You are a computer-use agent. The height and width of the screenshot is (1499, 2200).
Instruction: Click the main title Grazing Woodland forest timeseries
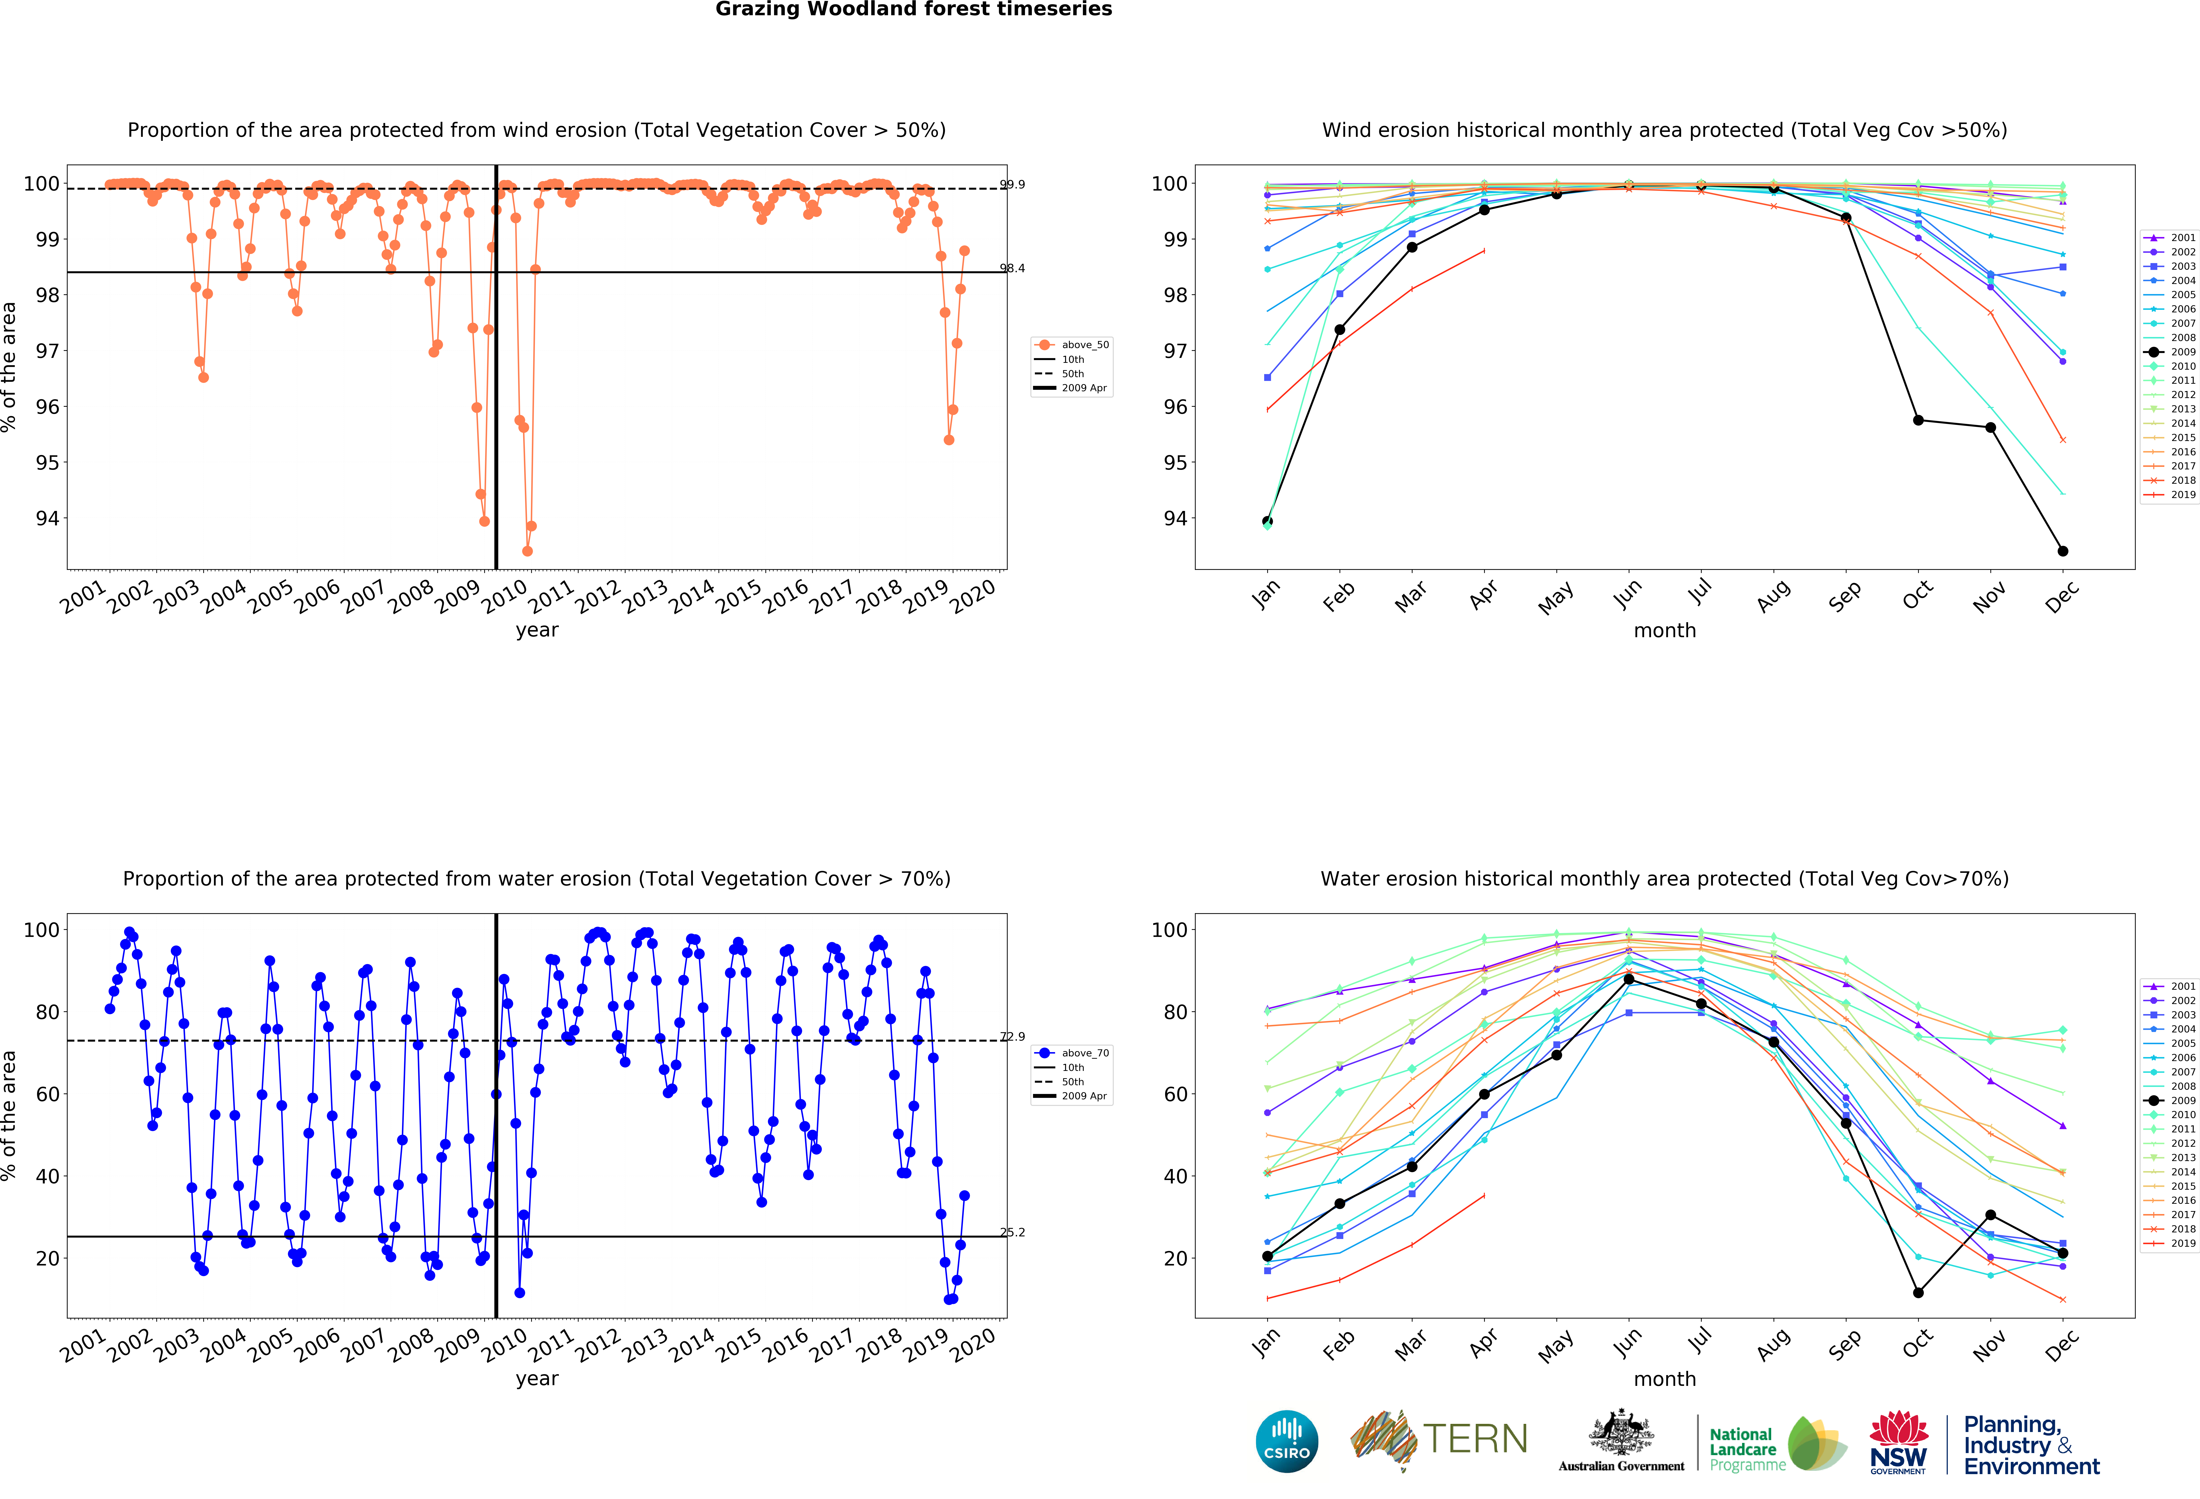(914, 9)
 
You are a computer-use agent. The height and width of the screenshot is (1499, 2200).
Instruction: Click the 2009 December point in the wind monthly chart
(2063, 551)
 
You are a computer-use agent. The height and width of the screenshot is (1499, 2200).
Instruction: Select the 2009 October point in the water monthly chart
(1918, 1293)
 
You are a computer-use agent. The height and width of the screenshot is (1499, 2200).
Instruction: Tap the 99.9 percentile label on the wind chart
(1012, 184)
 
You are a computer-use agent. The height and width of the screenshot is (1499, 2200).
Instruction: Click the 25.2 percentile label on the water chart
(1012, 1232)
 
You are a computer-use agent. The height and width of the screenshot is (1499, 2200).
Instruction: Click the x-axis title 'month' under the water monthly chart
(1664, 1379)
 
